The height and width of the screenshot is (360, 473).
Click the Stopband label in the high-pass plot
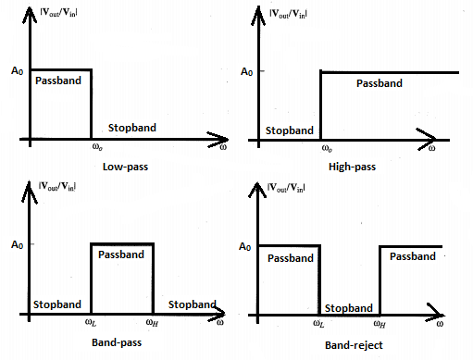coord(288,131)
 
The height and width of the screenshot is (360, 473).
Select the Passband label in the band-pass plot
coord(121,254)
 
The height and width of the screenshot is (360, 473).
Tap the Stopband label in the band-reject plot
coord(349,307)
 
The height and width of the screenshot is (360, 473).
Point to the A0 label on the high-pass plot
coord(245,71)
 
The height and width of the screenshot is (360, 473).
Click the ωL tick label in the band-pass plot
coord(92,323)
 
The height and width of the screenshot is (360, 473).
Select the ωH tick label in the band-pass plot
coord(154,323)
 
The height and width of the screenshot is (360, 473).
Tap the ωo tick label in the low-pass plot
coord(92,148)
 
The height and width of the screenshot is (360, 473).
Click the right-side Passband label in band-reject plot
coord(412,256)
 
